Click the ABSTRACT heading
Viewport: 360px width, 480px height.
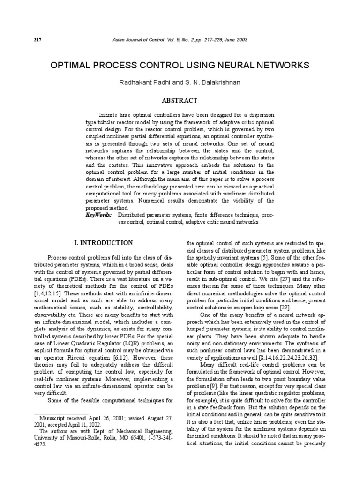180,100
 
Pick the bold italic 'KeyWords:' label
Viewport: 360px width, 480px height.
98,214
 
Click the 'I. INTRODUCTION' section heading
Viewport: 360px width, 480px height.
104,243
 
